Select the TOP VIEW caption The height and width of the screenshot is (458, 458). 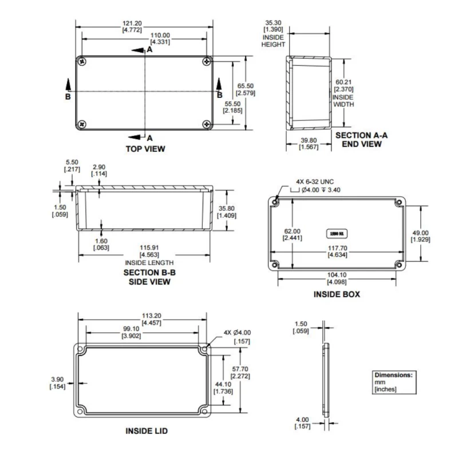145,149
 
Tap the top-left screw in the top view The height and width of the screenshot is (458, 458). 83,61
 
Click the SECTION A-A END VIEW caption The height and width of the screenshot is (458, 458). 361,140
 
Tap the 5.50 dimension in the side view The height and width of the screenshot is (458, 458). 72,163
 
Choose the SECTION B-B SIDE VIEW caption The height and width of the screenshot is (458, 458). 147,277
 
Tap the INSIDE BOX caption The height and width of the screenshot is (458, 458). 337,294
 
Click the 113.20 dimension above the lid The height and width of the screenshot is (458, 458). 143,315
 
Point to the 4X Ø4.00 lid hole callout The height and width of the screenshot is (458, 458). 237,333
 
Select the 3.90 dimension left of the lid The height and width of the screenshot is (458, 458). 57,380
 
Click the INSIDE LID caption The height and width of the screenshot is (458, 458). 147,431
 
